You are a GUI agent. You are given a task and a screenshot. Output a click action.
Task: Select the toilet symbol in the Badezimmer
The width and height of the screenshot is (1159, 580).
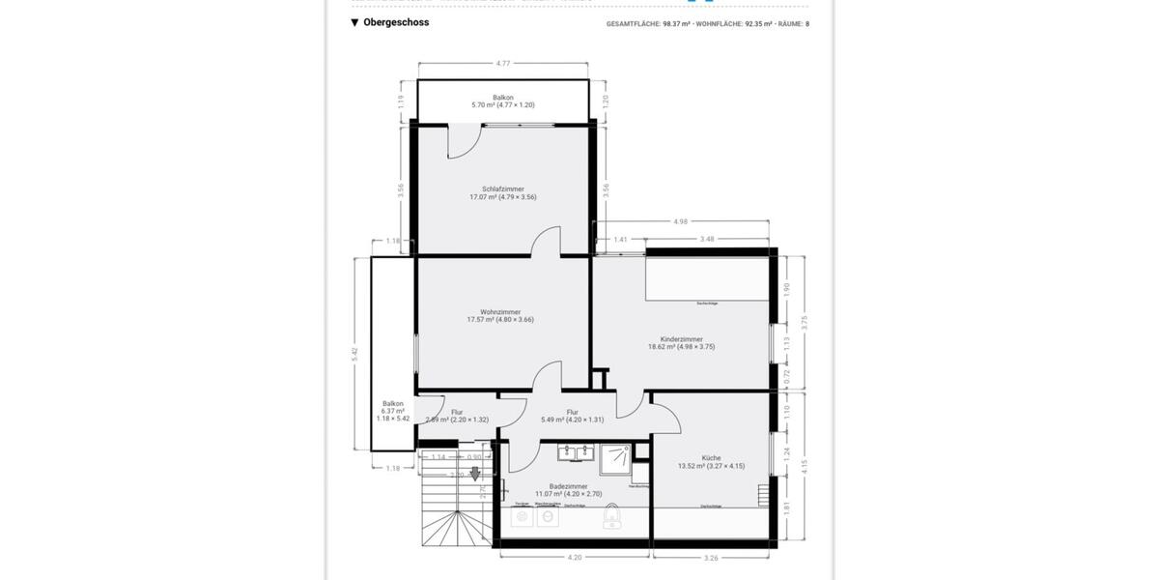pos(611,521)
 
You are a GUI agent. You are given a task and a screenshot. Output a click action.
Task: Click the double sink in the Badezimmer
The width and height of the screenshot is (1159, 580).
pos(574,451)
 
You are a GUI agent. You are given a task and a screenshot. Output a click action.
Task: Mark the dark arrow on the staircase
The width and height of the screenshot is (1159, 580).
pos(474,474)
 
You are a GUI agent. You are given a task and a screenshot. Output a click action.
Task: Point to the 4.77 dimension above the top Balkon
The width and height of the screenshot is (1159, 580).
pos(502,64)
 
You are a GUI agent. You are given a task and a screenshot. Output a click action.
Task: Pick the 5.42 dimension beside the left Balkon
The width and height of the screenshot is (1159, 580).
pos(355,353)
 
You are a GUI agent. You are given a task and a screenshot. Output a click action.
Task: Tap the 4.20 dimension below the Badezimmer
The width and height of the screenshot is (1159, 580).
pos(574,557)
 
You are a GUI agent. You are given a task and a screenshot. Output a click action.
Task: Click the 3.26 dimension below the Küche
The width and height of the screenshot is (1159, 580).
pos(712,557)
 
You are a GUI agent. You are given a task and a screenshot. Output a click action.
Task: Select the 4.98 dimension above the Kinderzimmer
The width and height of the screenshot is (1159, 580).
pos(681,221)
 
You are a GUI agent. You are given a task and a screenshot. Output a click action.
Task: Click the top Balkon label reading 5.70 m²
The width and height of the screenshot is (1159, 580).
pos(502,101)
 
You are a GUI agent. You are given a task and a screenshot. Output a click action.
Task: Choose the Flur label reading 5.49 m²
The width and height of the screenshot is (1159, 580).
pos(572,415)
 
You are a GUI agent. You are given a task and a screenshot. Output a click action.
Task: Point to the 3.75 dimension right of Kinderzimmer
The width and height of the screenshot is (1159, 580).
pos(803,324)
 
